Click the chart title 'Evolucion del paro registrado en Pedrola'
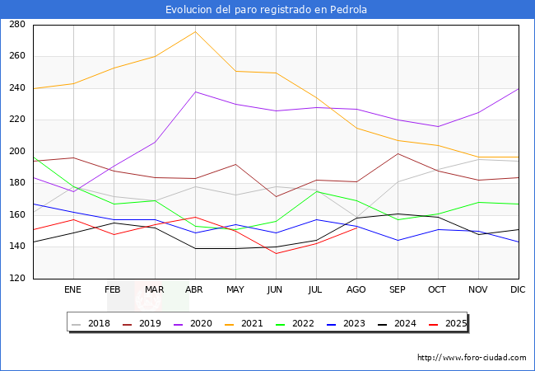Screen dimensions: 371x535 pos(267,10)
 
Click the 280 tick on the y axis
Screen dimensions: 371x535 pos(16,25)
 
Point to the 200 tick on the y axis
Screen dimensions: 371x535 pos(16,152)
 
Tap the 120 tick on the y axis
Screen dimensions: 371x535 pos(16,279)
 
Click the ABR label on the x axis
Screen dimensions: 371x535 pos(194,290)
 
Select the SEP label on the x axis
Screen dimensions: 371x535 pos(398,290)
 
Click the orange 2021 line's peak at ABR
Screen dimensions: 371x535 pos(195,31)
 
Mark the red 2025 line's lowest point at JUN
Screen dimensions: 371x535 pos(276,253)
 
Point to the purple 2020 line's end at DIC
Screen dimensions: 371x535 pos(519,88)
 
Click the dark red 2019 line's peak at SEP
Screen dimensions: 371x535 pos(398,153)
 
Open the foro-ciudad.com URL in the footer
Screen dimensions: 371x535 pos(472,358)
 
